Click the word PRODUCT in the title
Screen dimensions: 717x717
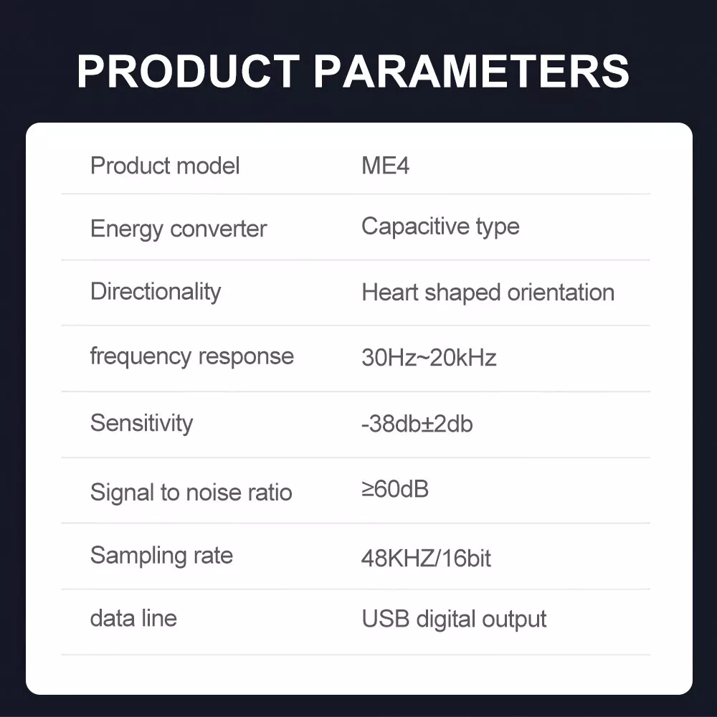189,71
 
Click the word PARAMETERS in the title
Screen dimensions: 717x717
472,71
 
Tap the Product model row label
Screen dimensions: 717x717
165,166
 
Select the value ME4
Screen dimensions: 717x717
386,166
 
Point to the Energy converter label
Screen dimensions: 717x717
179,229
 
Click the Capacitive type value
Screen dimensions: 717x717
440,227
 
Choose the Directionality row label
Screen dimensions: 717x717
156,293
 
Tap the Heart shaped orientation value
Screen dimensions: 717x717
488,293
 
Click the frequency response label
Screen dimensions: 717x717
192,356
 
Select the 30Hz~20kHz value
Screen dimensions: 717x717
429,358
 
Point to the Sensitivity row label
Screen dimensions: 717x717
142,424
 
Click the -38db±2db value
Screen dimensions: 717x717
417,424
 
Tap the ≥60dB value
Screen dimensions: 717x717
395,489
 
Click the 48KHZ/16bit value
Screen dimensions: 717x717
426,559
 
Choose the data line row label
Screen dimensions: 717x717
133,618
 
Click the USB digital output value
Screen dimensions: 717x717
454,619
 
